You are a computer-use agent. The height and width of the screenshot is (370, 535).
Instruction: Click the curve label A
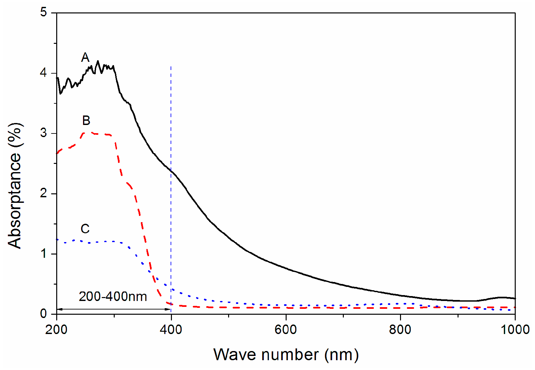coord(85,58)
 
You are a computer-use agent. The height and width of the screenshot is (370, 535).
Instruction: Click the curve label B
coord(86,121)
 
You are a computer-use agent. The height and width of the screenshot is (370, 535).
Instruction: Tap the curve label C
coord(85,229)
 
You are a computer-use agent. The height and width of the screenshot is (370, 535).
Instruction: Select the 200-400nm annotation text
coord(113,296)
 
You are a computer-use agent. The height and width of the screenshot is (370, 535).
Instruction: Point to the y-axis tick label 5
coord(43,12)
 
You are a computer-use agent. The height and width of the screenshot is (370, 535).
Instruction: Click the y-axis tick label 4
coord(43,73)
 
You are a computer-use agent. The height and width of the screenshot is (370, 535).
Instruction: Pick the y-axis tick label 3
coord(43,133)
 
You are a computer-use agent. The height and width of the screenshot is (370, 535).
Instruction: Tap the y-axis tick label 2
coord(43,193)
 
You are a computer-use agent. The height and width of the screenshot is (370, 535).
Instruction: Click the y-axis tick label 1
coord(43,254)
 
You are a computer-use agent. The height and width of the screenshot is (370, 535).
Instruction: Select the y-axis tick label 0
coord(43,314)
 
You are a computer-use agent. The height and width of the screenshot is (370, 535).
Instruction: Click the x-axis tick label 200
coord(57,329)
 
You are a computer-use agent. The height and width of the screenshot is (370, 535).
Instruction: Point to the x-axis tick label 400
coord(171,329)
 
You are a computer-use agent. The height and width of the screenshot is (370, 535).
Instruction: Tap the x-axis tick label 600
coord(286,329)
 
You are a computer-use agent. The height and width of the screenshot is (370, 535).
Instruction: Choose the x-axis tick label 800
coord(400,329)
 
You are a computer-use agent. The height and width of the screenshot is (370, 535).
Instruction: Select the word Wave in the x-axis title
coord(234,355)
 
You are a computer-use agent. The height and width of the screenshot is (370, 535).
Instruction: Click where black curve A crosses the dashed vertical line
coord(171,171)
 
